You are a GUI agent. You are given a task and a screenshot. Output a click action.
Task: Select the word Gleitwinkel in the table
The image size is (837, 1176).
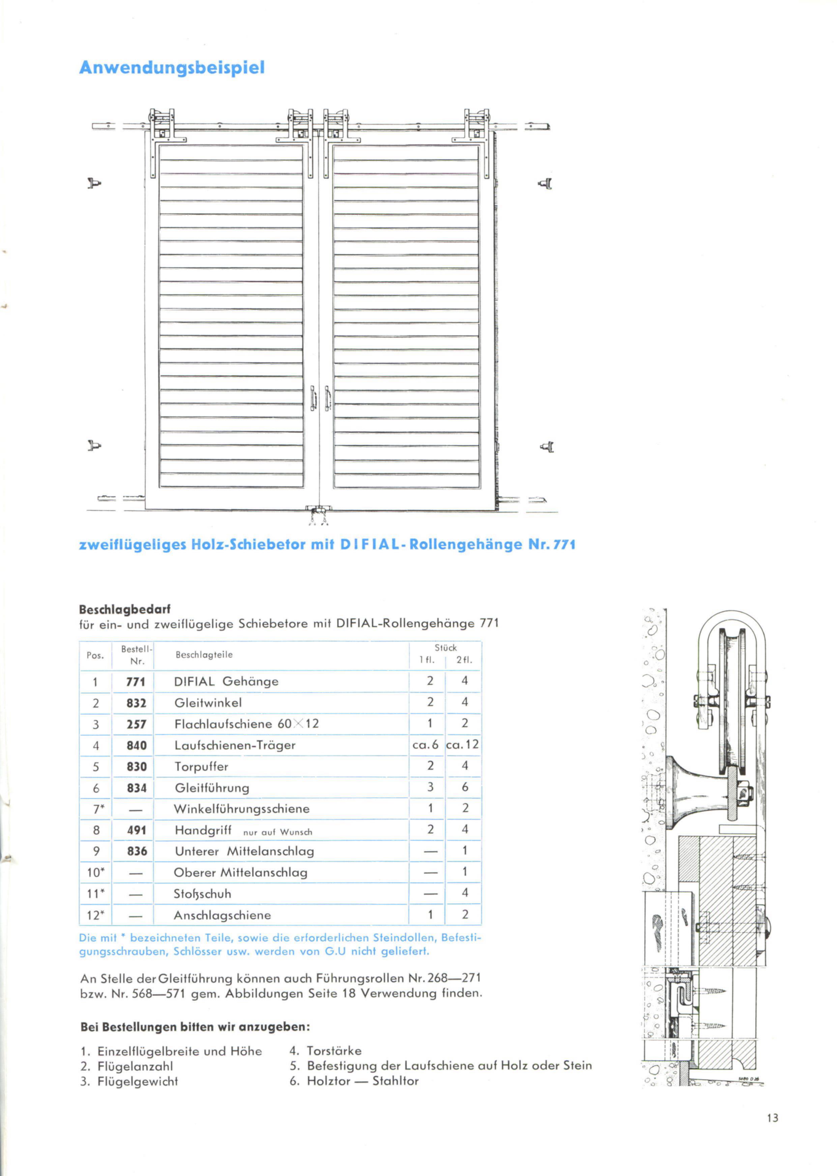[208, 703]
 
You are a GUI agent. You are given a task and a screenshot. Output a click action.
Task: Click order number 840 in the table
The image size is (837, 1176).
[137, 745]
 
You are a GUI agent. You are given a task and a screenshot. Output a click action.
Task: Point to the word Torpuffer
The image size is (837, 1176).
[201, 766]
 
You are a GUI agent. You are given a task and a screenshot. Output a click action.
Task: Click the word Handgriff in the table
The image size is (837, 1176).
[203, 830]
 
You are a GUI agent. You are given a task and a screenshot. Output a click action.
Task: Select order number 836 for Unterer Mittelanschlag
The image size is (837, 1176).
[137, 851]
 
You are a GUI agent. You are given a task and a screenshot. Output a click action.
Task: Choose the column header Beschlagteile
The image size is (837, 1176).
[204, 655]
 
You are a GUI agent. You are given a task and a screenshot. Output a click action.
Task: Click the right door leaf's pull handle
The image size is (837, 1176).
[327, 398]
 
